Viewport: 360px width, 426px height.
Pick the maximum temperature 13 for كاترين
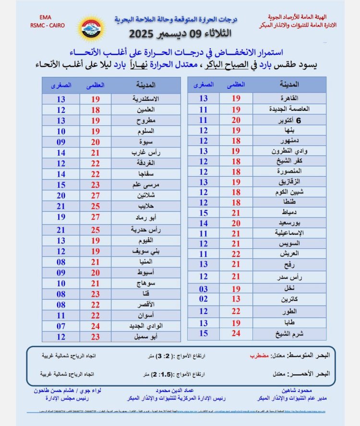point(236,299)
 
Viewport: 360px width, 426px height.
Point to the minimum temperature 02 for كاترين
point(204,299)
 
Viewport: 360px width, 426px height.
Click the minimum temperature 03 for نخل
point(204,289)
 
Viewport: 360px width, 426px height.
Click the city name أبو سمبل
point(146,337)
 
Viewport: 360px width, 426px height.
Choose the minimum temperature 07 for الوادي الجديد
point(61,326)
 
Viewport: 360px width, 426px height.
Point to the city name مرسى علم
point(146,185)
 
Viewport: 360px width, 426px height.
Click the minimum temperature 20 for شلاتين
point(61,195)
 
